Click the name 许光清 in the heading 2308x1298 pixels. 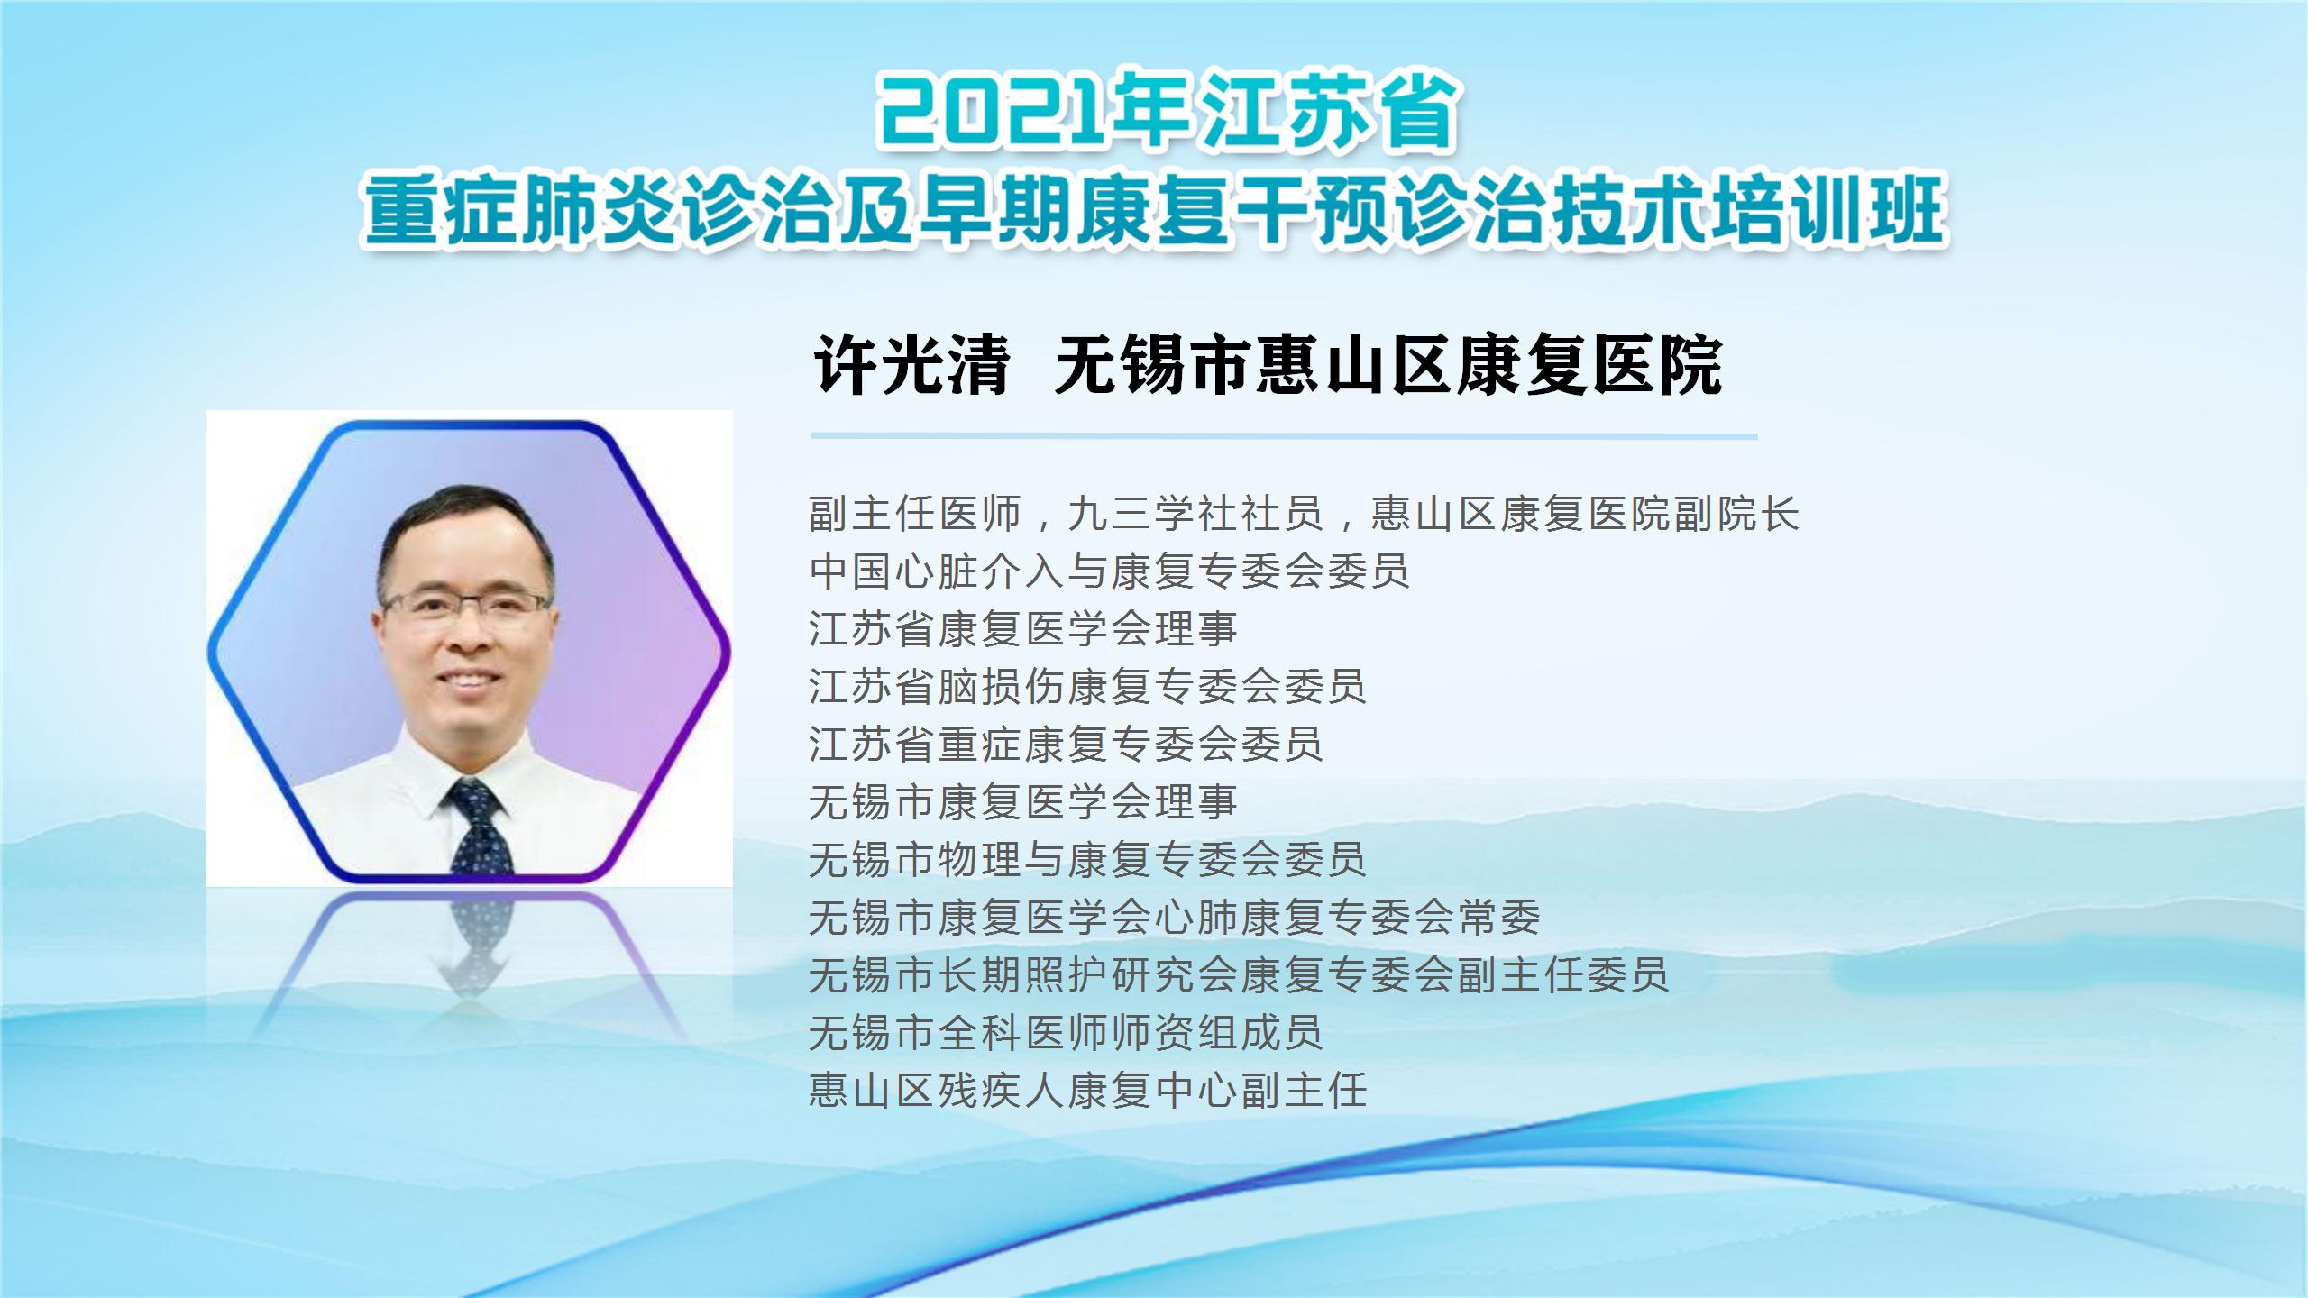pyautogui.click(x=911, y=366)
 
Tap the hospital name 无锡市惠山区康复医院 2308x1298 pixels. pyautogui.click(x=1388, y=366)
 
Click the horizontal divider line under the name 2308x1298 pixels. pyautogui.click(x=1284, y=436)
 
